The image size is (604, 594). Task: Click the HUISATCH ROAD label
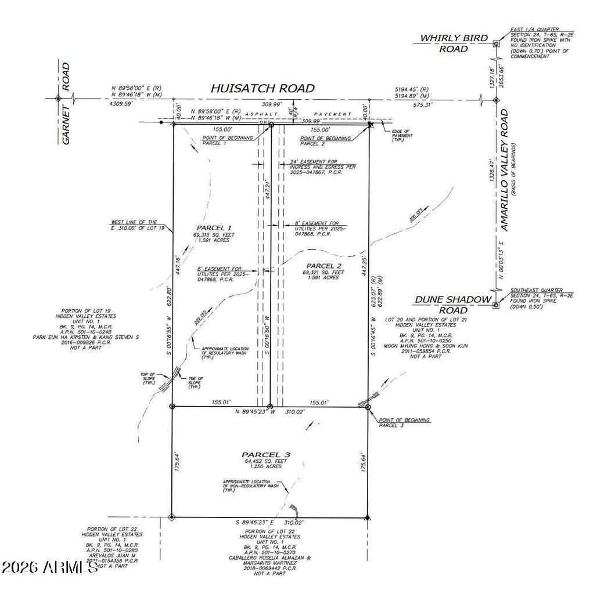click(x=263, y=88)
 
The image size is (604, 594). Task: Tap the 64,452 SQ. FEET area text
click(x=265, y=461)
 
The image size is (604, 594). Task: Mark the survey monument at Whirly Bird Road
click(x=495, y=44)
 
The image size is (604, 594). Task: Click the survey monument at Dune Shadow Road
click(x=495, y=304)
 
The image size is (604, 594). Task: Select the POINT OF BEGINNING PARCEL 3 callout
click(x=404, y=422)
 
